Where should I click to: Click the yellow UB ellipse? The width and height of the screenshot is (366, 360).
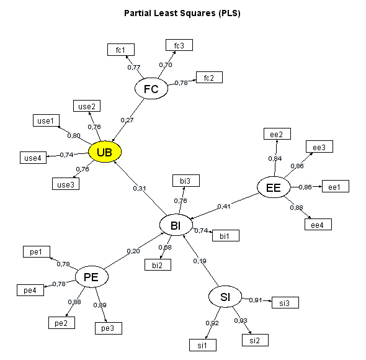point(105,152)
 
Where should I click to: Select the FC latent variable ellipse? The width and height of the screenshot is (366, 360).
point(151,89)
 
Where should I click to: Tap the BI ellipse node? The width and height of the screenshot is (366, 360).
point(176,225)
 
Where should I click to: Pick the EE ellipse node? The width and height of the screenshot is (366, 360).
point(274,187)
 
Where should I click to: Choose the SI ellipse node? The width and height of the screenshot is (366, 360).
point(225,297)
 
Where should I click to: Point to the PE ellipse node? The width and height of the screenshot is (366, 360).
point(92,277)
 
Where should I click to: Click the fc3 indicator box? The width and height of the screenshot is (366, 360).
point(179,45)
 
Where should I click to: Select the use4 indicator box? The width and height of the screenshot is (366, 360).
point(33,158)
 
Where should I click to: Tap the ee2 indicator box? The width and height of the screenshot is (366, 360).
point(277,134)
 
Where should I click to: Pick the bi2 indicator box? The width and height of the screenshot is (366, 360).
point(158,265)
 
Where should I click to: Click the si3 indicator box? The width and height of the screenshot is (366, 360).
point(285,303)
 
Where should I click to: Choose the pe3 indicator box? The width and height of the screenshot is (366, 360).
point(109,328)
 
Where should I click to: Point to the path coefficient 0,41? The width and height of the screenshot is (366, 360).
point(224,206)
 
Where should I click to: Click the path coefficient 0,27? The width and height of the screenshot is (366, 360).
point(127,120)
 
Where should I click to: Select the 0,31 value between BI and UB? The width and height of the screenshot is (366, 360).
point(140,188)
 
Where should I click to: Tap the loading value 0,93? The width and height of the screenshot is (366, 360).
point(241,320)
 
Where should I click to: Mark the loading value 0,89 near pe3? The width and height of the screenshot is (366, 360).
point(100,305)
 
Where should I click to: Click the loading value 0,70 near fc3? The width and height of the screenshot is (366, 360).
point(166,65)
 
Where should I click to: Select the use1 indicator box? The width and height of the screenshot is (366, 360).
point(47,120)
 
